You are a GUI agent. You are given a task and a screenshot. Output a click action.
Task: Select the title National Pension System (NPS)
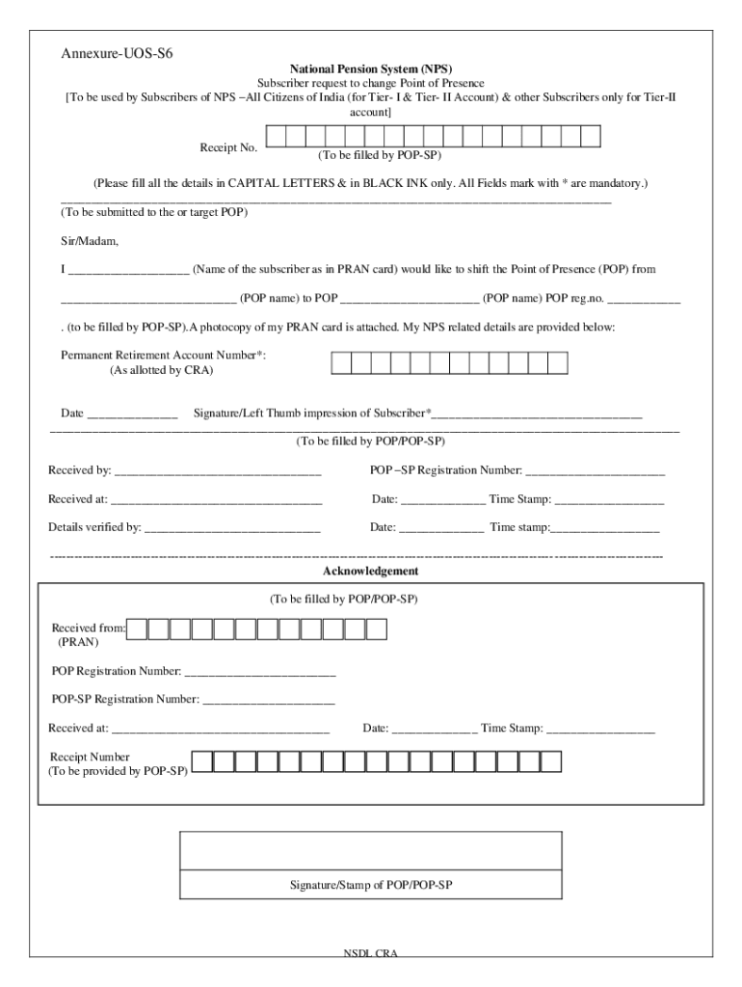coord(370,68)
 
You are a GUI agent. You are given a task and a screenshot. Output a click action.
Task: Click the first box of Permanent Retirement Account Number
coord(341,362)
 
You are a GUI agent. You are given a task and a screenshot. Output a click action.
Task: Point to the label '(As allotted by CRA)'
coord(161,370)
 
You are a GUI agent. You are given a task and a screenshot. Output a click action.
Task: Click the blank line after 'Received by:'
coord(217,471)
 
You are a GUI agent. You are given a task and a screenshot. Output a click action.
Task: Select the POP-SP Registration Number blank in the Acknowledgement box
coord(269,699)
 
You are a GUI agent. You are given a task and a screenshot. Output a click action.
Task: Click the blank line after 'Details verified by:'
coord(232,528)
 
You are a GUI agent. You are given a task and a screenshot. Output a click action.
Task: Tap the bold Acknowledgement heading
coord(370,572)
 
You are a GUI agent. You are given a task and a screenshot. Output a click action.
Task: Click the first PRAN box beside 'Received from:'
coord(138,629)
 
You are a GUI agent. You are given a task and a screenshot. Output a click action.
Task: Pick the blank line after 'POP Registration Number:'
coord(260,671)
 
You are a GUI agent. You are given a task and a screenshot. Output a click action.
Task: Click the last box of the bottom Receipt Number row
coord(551,761)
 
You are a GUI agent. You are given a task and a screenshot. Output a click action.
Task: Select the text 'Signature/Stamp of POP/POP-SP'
coord(371,884)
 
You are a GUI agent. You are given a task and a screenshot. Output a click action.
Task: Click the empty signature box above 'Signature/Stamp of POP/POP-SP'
coord(371,849)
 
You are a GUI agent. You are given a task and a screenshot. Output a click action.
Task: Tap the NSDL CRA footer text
coord(371,953)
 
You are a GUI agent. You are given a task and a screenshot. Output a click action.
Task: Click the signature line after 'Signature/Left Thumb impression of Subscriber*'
coord(537,414)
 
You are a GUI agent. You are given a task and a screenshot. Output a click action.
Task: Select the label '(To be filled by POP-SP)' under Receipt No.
coord(381,156)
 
